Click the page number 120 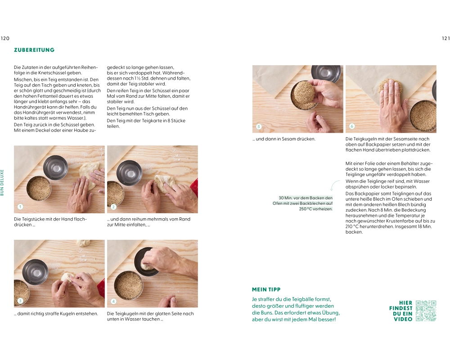5,38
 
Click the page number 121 445,38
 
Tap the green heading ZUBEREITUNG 34,50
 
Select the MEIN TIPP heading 266,289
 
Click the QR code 426,310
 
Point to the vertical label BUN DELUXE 2,183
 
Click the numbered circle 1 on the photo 20,207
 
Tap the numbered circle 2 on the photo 113,207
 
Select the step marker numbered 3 20,301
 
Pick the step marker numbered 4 113,301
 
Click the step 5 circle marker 259,126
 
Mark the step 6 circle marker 352,126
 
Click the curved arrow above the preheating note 334,185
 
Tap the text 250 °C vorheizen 316,209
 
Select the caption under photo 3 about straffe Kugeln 56,314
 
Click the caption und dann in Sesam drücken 284,139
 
